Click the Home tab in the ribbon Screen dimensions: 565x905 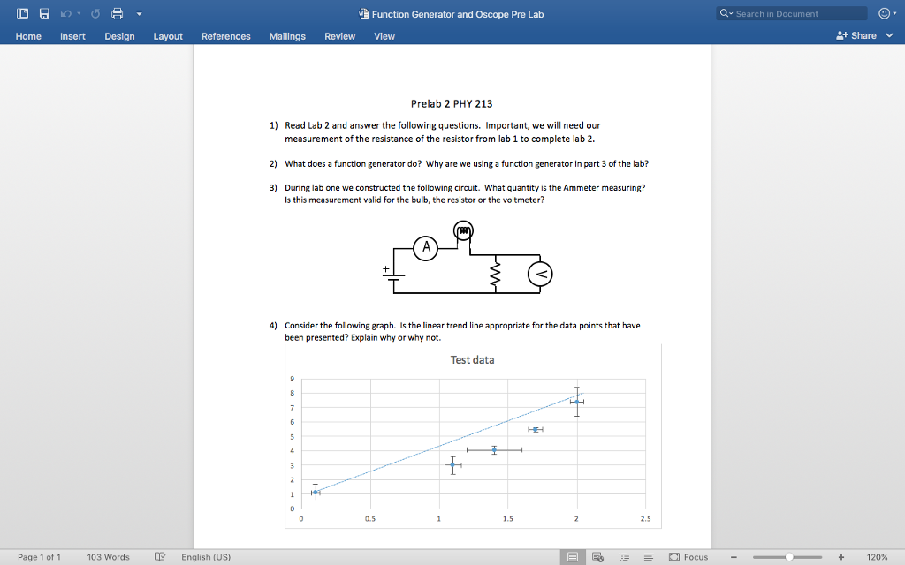[28, 36]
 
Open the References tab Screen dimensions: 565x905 [225, 36]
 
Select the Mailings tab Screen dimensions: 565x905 [287, 36]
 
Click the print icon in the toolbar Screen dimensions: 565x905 [114, 13]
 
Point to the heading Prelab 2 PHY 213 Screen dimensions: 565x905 [452, 103]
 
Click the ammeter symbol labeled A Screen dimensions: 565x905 [427, 248]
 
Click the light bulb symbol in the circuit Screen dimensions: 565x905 [464, 231]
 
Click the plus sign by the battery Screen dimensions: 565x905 [385, 267]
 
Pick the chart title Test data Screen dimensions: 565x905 [472, 359]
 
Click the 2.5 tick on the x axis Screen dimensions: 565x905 [645, 519]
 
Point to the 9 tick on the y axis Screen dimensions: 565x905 [292, 380]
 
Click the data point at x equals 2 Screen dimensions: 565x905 [576, 402]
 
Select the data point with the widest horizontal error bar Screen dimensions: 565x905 [494, 450]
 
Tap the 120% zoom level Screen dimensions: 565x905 [877, 557]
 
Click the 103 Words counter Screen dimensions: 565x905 [108, 557]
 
